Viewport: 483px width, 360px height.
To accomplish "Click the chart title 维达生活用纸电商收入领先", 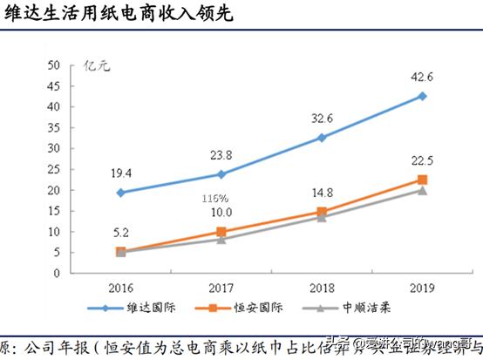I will tap(117, 16).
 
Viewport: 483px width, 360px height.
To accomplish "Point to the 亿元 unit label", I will tap(94, 65).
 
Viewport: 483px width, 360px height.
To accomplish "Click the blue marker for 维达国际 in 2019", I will tap(422, 96).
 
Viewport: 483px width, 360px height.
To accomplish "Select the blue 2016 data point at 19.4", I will tap(120, 193).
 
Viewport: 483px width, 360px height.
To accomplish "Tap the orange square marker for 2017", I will tap(221, 232).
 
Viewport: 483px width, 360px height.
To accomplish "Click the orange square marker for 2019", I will tap(422, 180).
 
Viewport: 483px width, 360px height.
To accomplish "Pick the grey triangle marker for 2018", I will tap(322, 217).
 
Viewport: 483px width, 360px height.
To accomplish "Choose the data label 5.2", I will tap(120, 233).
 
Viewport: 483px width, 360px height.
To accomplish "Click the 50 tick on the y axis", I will tap(53, 65).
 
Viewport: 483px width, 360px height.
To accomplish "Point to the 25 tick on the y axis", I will tap(53, 169).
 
